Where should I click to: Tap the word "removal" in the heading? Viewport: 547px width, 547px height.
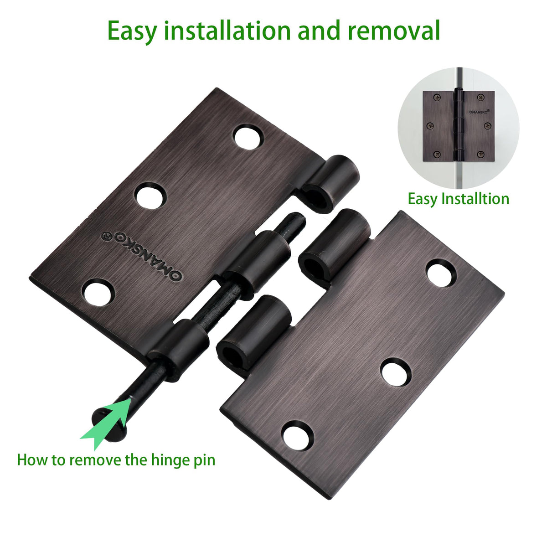(x=394, y=30)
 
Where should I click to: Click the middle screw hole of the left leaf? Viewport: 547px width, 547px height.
(x=150, y=196)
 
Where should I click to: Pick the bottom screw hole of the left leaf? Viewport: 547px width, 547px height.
(x=98, y=292)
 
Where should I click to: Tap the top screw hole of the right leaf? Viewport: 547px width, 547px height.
(x=441, y=273)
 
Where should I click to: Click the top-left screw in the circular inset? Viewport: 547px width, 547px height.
(x=436, y=98)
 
